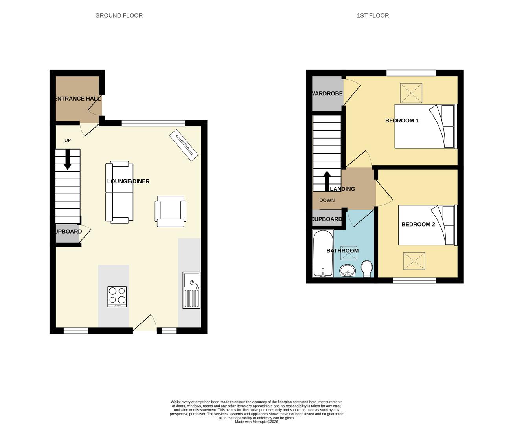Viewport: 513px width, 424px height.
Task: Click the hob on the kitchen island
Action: click(117, 296)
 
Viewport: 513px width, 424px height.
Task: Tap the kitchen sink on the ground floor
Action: click(191, 290)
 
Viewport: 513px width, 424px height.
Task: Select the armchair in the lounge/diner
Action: click(170, 211)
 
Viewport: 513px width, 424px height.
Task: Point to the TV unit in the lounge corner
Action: click(184, 145)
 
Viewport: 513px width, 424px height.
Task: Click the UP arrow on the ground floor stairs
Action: click(68, 159)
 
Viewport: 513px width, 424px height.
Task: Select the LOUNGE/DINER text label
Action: click(128, 181)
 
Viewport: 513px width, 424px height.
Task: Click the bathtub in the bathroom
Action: click(323, 253)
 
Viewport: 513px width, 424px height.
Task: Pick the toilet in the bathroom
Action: click(367, 269)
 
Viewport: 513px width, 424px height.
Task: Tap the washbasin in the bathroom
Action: click(348, 270)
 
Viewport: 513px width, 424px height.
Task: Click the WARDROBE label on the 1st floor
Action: click(327, 94)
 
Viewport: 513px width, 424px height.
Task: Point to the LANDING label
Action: click(342, 189)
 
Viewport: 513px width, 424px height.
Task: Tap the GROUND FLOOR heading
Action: click(119, 16)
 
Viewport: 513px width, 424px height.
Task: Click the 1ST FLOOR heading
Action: click(373, 16)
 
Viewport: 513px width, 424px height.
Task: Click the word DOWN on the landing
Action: click(327, 200)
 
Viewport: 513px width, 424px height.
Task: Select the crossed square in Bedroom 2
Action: click(414, 261)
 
